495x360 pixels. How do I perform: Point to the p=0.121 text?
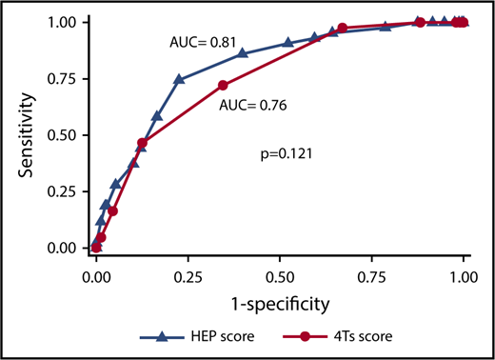coord(286,152)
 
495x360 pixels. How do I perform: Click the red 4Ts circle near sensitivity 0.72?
coord(224,86)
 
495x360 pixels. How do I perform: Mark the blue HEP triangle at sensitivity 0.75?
coord(179,79)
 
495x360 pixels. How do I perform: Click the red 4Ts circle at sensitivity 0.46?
coord(142,144)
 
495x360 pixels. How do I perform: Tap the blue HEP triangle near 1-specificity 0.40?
coord(243,53)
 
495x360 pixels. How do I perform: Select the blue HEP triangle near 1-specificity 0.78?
coord(386,27)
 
